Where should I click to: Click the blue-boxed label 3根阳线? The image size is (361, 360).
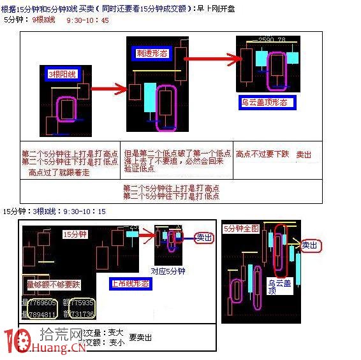coord(62,75)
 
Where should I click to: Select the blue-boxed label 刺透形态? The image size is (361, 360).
coord(151,53)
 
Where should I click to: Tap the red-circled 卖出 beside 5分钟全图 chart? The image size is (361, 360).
coord(310,245)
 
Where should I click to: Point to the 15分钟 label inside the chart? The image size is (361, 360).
coord(74,234)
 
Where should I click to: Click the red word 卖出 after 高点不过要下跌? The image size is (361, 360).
coord(304,154)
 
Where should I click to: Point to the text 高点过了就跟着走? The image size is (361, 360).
coord(59,173)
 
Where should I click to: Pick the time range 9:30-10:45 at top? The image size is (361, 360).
coord(87,20)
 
